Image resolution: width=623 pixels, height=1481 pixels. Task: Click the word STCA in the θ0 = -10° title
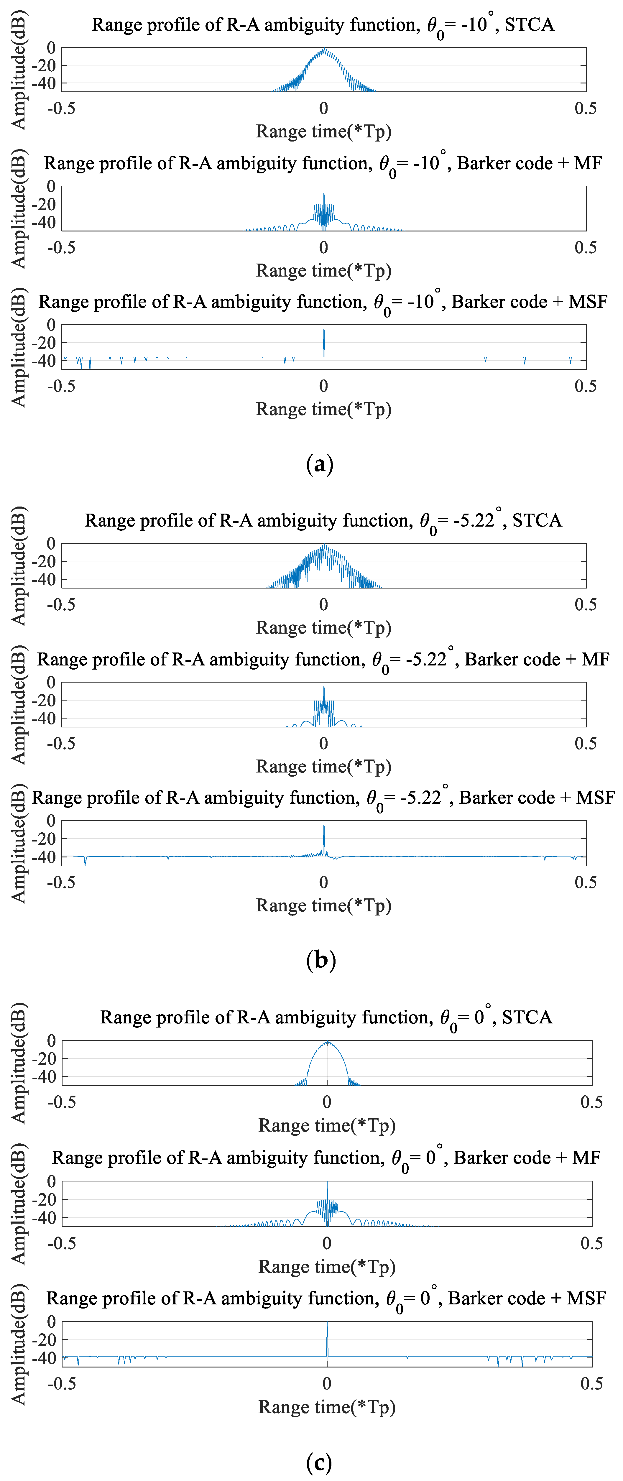(529, 25)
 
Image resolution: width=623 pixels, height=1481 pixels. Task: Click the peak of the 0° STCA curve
(327, 1042)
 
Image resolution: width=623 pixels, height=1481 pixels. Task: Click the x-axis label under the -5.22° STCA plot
(323, 627)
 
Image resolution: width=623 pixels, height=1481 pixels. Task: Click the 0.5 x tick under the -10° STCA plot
(586, 108)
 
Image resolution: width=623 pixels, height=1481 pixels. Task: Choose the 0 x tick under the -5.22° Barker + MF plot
(323, 743)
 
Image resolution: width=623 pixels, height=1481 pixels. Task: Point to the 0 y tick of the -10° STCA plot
(51, 48)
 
